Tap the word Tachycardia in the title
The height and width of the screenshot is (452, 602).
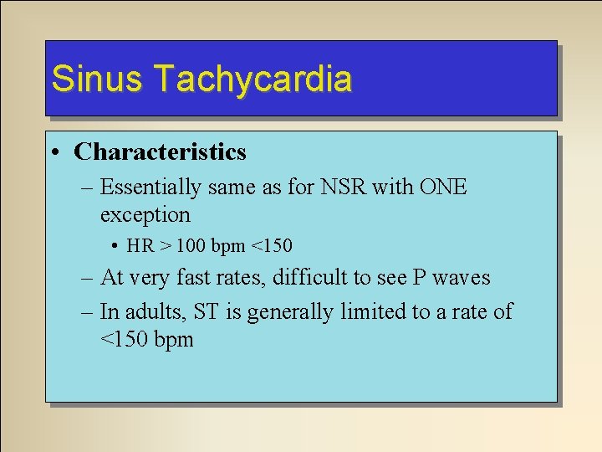pos(253,79)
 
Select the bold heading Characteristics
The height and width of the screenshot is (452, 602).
pos(160,152)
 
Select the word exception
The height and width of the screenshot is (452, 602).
pos(145,214)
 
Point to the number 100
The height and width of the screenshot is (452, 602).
pos(185,246)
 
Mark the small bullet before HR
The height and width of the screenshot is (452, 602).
pos(114,247)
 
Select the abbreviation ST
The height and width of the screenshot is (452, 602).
pos(206,312)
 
